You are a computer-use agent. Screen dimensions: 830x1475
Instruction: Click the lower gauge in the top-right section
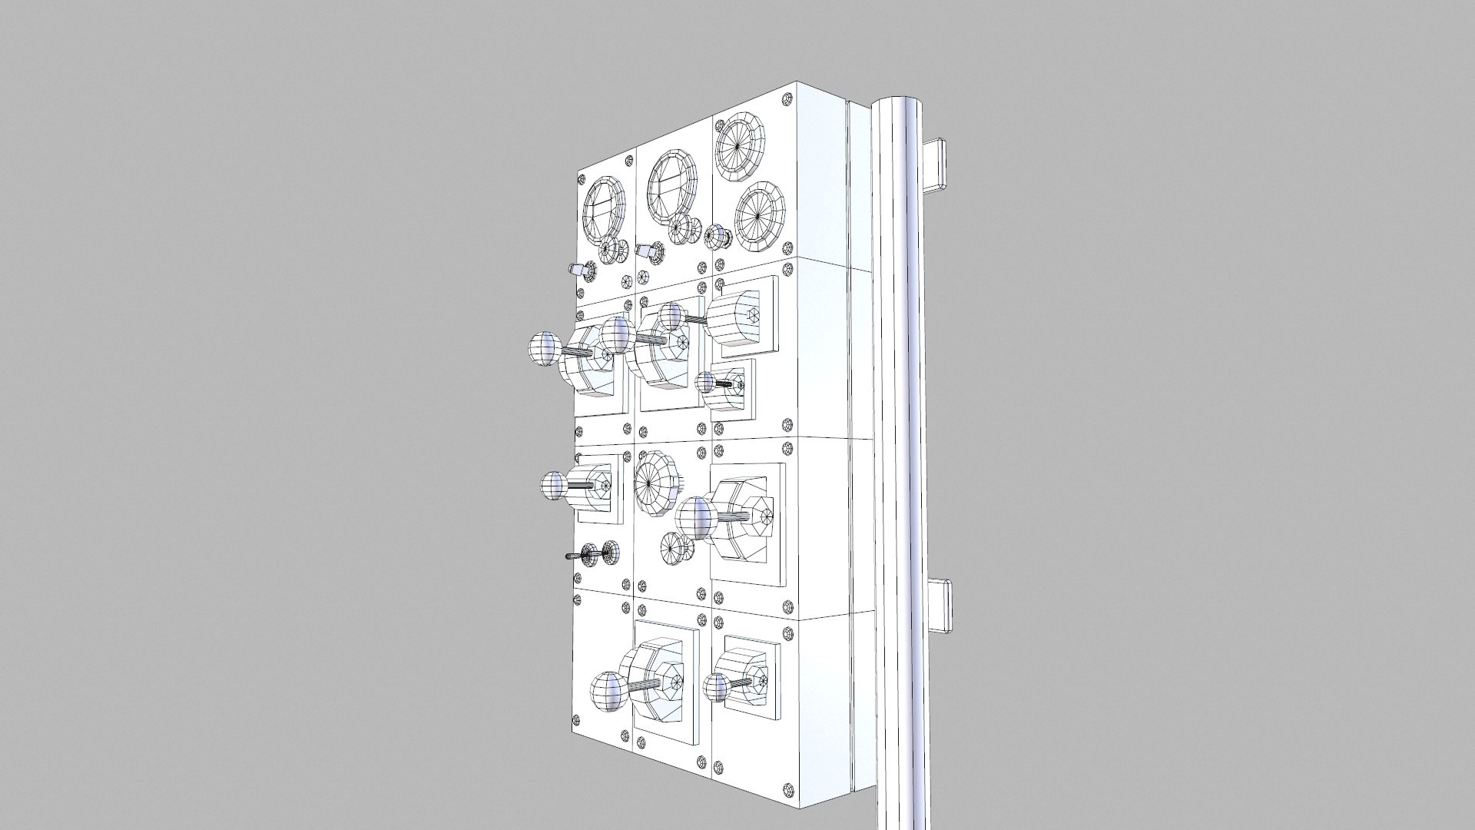click(x=758, y=216)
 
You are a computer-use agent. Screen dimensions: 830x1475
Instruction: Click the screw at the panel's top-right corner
click(x=787, y=99)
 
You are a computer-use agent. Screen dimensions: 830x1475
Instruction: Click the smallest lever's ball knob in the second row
click(x=705, y=382)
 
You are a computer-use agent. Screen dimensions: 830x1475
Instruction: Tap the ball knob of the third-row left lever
click(x=553, y=486)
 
